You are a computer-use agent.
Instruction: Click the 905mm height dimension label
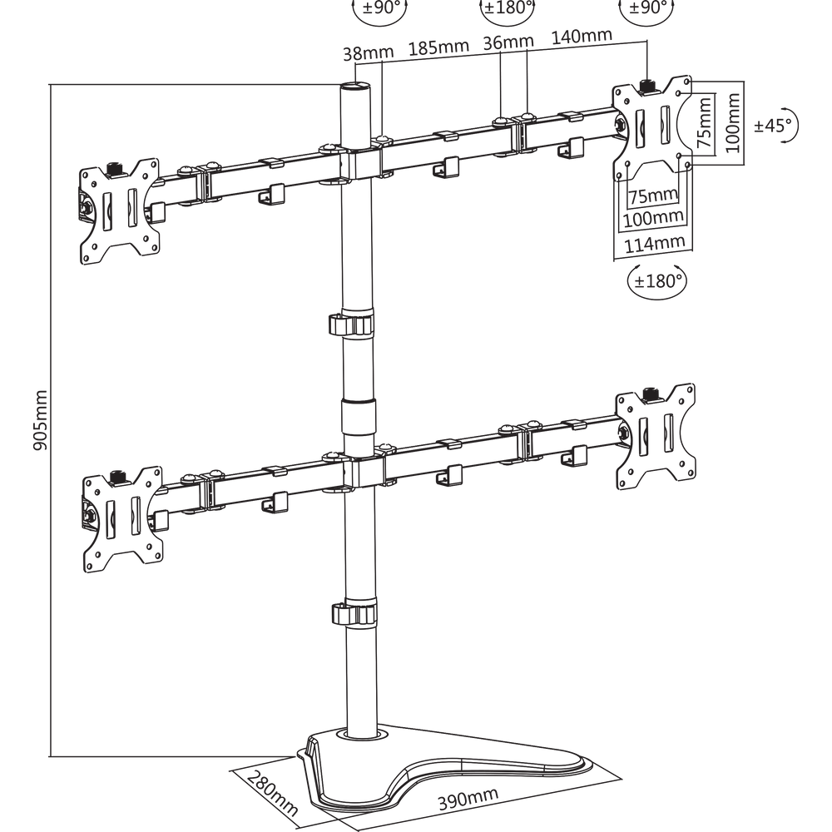[40, 419]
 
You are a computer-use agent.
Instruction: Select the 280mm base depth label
[273, 793]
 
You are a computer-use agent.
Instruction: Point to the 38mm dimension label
[369, 52]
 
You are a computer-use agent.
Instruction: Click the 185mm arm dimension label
[438, 47]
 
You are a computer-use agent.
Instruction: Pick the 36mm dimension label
[508, 42]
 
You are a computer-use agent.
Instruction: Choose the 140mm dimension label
[582, 36]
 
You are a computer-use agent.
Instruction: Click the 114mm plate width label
[654, 244]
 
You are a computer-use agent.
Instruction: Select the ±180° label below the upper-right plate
[657, 280]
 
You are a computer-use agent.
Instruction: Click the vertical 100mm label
[733, 122]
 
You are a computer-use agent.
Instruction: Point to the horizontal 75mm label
[653, 196]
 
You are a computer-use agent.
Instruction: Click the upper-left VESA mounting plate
[119, 211]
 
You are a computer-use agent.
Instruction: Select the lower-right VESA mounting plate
[656, 436]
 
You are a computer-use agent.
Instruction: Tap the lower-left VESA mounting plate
[122, 519]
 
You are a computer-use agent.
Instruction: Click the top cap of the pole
[355, 86]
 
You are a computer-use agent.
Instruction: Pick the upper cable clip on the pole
[351, 324]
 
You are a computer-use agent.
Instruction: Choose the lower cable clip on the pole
[354, 614]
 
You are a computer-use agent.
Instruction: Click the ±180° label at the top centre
[508, 7]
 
